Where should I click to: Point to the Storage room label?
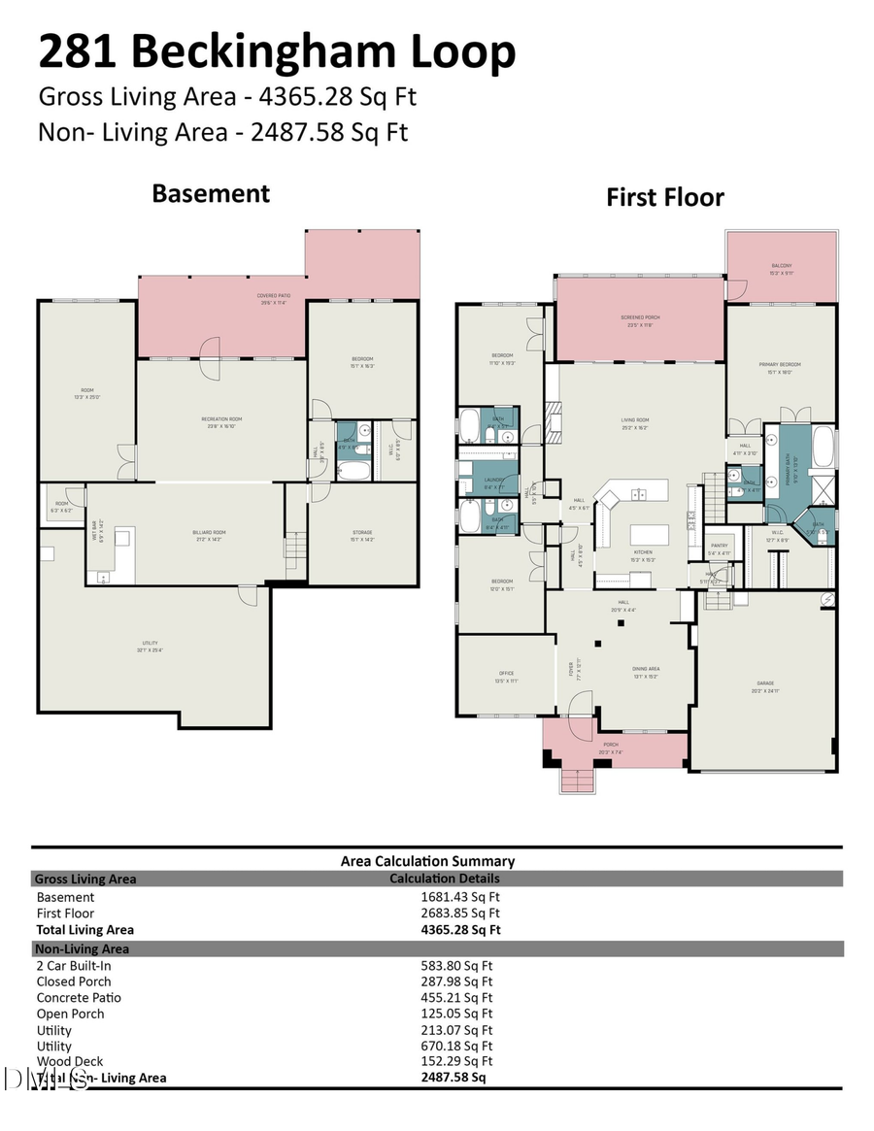point(362,533)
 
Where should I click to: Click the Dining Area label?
point(646,669)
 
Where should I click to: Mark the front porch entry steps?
point(576,781)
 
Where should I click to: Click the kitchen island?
point(650,535)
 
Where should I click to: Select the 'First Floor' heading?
point(665,197)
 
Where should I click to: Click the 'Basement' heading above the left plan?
point(211,193)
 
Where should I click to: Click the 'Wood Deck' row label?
point(70,1062)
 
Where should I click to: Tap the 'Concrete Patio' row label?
point(79,998)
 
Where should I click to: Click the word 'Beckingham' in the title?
point(275,52)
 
